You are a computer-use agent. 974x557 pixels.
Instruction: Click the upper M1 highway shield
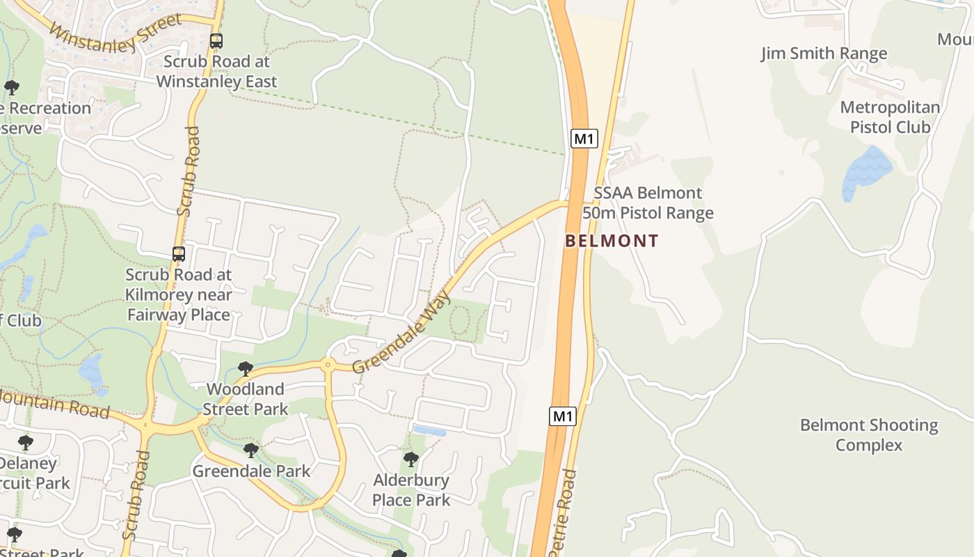pos(584,139)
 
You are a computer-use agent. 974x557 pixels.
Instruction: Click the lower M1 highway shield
pos(563,416)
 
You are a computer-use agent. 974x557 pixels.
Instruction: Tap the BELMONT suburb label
pos(612,241)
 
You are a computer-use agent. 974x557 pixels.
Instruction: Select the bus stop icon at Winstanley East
pos(216,41)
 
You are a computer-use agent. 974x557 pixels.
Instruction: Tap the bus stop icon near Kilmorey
pos(179,254)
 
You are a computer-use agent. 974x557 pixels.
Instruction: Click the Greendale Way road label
pos(402,334)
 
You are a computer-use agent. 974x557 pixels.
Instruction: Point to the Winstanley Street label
pos(115,31)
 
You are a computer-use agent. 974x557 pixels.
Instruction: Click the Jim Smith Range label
pos(824,54)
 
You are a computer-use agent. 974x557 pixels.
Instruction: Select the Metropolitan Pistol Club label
pos(890,117)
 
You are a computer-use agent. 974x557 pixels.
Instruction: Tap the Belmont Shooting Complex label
pos(869,434)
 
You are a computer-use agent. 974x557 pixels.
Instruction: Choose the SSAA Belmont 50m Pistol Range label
pos(648,203)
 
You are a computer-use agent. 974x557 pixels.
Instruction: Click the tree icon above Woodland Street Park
pos(245,368)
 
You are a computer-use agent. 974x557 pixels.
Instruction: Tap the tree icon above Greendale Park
pos(251,450)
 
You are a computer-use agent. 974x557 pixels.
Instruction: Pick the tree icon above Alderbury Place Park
pos(411,459)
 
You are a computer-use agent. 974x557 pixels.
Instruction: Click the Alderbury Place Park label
pos(411,489)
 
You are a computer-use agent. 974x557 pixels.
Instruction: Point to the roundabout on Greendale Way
pos(327,363)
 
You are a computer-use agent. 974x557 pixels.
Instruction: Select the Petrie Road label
pos(564,512)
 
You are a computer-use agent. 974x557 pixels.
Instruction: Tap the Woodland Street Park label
pos(245,399)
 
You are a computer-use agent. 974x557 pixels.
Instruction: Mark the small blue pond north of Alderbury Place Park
pos(429,431)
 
